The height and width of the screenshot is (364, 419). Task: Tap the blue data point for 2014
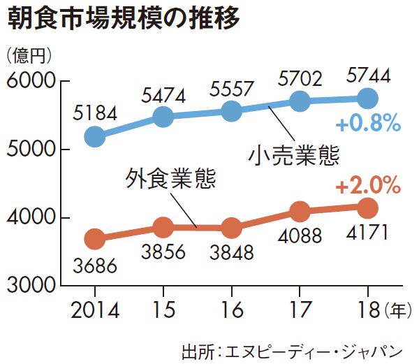[94, 137]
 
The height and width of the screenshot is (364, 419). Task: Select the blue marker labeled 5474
[163, 117]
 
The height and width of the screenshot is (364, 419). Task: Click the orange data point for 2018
[367, 208]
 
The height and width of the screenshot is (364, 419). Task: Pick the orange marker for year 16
[231, 228]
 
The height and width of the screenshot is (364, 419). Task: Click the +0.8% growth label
[367, 125]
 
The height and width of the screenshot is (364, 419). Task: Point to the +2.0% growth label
[367, 187]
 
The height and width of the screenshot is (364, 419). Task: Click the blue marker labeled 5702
[300, 101]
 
